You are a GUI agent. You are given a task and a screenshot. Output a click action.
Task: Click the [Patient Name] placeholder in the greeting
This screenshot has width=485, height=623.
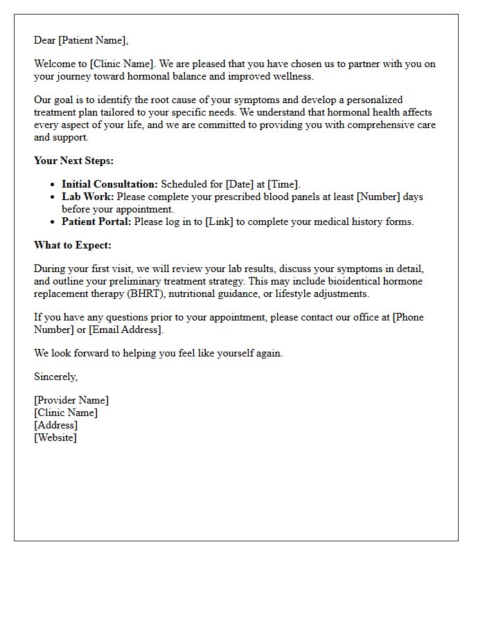click(x=93, y=40)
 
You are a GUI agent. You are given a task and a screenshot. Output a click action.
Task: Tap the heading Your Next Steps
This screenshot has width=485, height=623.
click(x=74, y=161)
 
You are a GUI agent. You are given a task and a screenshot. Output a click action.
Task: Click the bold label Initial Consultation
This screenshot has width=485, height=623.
click(x=109, y=184)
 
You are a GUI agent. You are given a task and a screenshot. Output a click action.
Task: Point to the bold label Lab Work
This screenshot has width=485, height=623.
click(x=87, y=197)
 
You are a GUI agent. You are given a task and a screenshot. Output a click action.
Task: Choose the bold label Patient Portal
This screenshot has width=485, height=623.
click(x=96, y=222)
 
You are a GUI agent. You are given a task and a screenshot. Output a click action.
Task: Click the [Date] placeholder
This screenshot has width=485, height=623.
click(x=240, y=184)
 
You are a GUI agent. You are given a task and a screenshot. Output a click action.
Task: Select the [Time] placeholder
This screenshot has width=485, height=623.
click(x=283, y=184)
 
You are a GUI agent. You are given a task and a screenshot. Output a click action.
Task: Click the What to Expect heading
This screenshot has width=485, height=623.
click(x=73, y=245)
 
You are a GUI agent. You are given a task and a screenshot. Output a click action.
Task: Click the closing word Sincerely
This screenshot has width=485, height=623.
click(x=56, y=377)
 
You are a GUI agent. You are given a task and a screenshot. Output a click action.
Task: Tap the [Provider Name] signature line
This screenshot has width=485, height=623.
click(x=71, y=400)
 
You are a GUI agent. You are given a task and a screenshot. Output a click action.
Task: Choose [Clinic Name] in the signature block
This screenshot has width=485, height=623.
click(x=66, y=413)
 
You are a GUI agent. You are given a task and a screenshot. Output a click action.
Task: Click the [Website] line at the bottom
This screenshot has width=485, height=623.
click(x=55, y=437)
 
